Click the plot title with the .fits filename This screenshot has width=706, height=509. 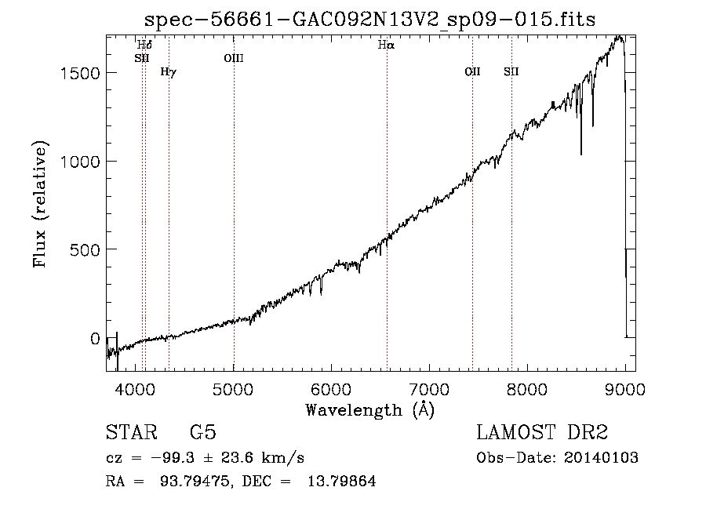click(x=369, y=20)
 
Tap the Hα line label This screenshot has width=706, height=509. click(x=386, y=45)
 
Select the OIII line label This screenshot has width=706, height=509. click(x=234, y=58)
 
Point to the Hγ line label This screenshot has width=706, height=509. click(x=169, y=72)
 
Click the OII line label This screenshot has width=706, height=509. click(x=473, y=71)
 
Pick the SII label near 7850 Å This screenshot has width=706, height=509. click(x=511, y=71)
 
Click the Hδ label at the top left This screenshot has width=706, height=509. click(x=144, y=45)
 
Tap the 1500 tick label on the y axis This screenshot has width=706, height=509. click(x=80, y=73)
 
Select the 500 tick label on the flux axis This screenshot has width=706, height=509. click(x=85, y=249)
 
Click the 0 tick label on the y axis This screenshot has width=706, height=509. click(x=95, y=339)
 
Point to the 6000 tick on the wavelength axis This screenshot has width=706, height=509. click(x=331, y=389)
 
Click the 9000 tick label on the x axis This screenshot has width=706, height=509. click(x=625, y=389)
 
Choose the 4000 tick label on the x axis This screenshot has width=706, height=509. click(x=136, y=389)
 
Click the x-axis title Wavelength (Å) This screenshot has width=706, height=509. click(x=370, y=410)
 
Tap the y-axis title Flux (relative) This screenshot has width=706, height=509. click(x=40, y=205)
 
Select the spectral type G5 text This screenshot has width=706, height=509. click(x=203, y=432)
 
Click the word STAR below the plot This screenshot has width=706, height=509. click(x=132, y=432)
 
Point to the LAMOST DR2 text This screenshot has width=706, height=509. click(x=542, y=432)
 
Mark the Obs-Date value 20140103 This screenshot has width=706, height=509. click(x=601, y=458)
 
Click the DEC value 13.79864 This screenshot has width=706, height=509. click(x=342, y=481)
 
